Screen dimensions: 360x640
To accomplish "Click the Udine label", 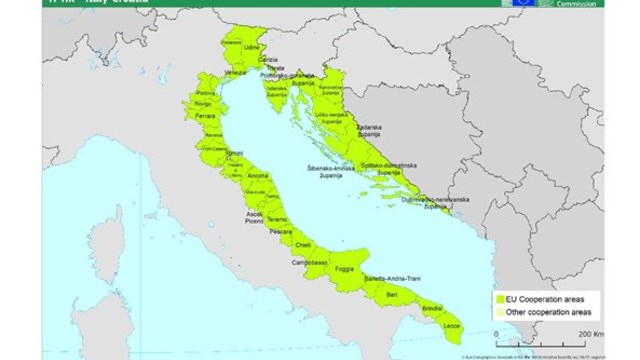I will tap(236, 48).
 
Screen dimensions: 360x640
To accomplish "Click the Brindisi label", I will tap(431, 311).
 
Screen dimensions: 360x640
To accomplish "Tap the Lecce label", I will tap(452, 326).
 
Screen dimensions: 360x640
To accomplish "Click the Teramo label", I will tap(277, 219).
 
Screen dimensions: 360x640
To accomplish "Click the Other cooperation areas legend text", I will tap(544, 312).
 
